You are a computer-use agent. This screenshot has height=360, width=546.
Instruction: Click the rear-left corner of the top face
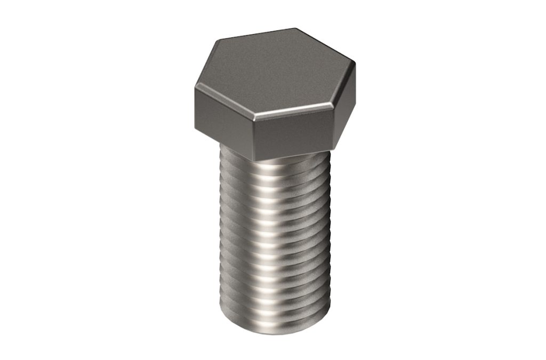pyautogui.click(x=216, y=41)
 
